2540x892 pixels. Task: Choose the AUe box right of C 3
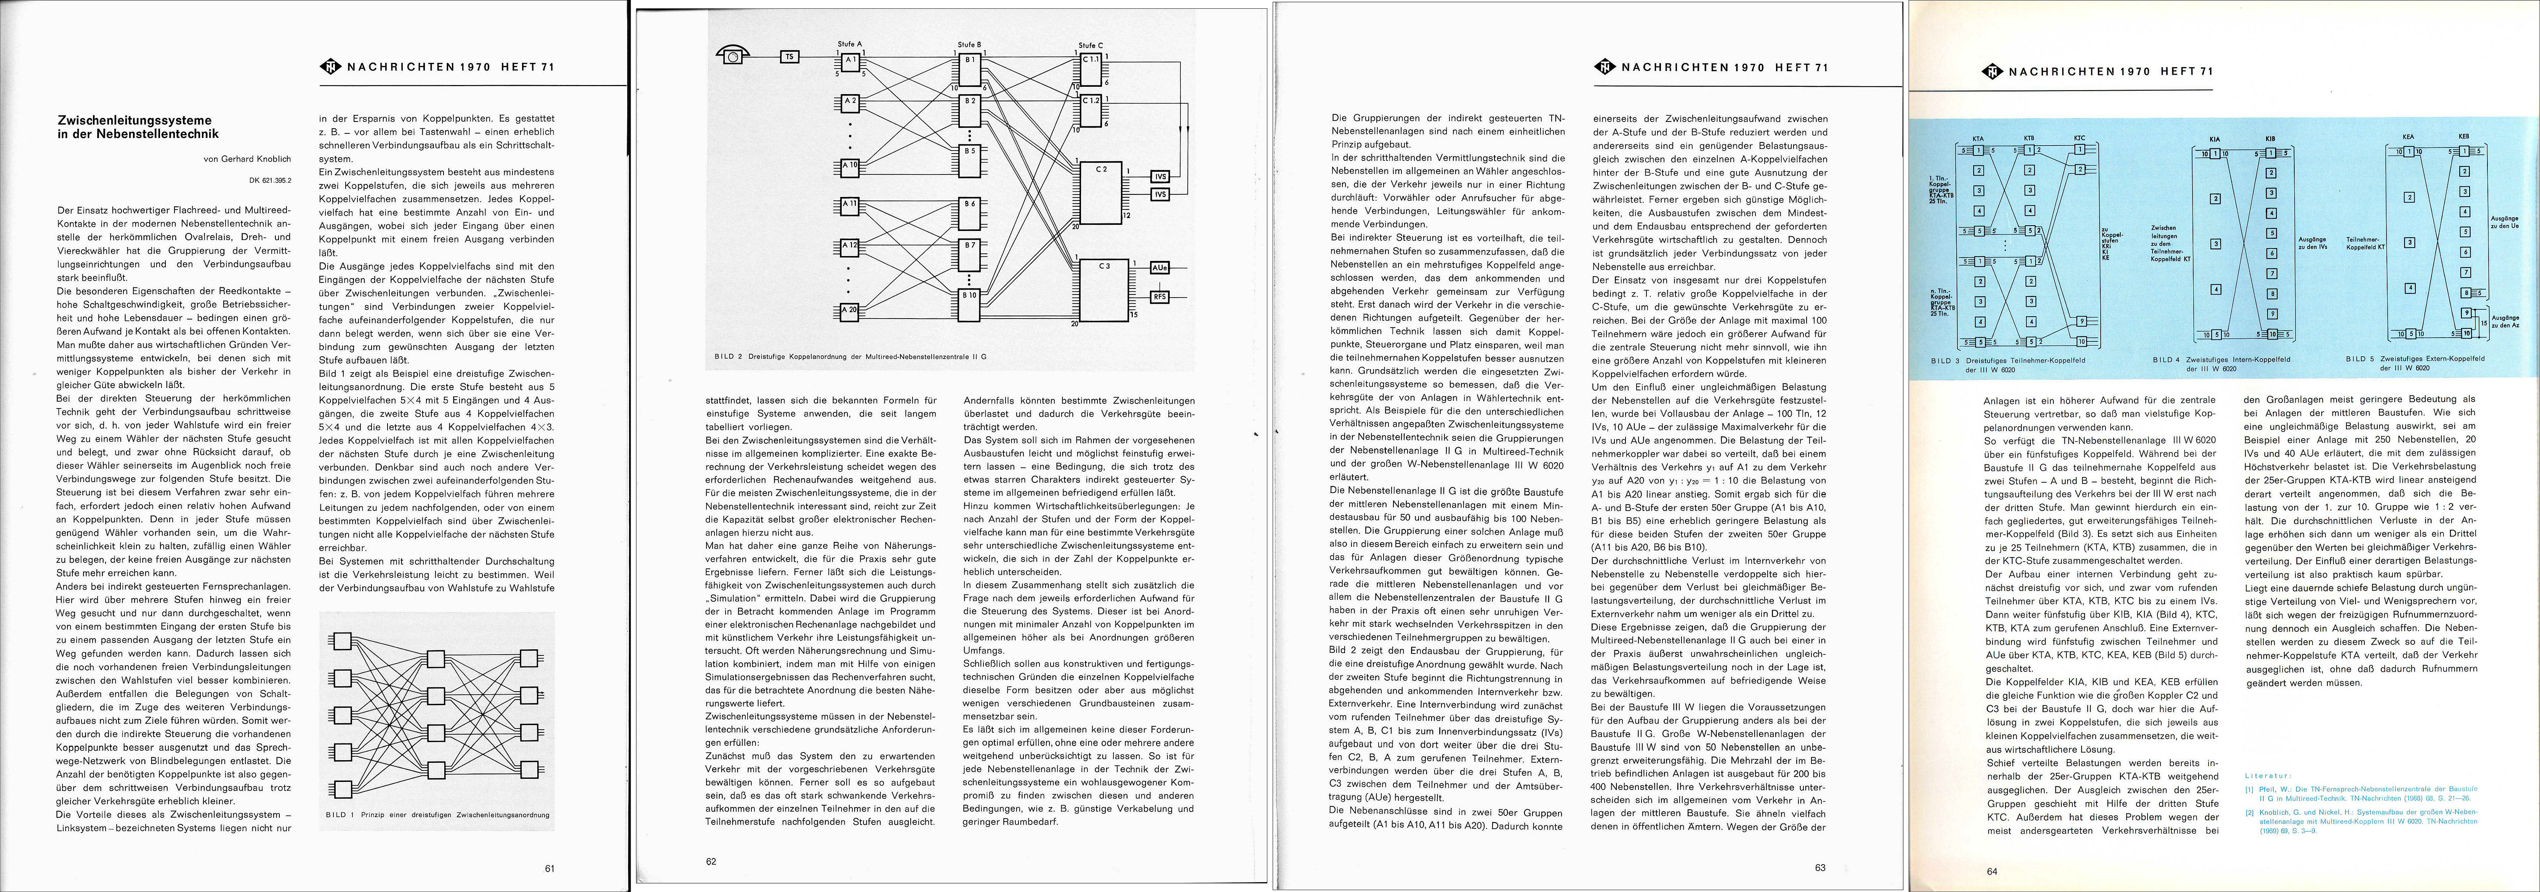(1159, 267)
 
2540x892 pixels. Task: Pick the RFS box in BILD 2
(1159, 296)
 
